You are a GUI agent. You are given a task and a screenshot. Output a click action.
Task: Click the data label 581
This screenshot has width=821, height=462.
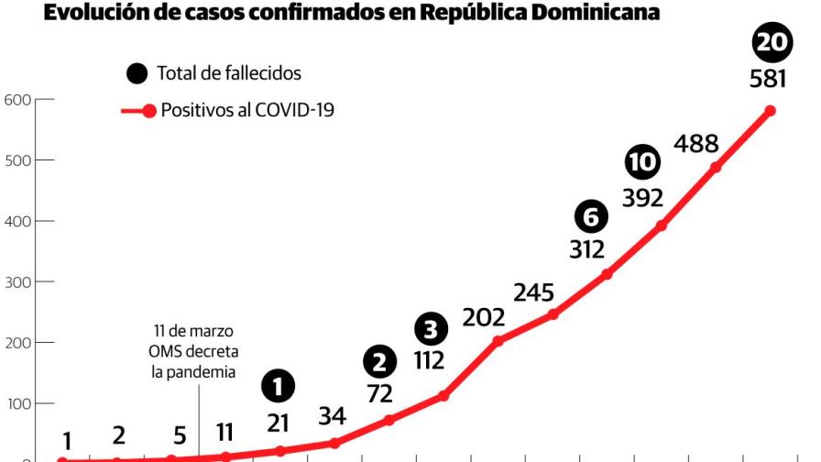coord(768,80)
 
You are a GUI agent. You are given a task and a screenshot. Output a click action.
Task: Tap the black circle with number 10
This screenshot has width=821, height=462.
coord(642,162)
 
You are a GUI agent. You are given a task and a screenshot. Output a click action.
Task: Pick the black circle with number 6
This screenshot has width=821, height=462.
coord(591,217)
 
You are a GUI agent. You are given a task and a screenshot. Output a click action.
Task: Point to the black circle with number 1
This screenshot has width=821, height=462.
coord(279,386)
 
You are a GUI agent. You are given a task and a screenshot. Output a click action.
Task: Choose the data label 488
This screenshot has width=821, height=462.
coord(696,144)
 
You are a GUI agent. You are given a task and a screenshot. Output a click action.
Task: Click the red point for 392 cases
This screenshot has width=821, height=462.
coord(661,225)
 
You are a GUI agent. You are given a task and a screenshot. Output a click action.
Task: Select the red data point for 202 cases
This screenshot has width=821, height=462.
coord(498,341)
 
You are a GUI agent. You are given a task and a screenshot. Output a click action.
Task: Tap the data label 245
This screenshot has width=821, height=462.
coord(533,292)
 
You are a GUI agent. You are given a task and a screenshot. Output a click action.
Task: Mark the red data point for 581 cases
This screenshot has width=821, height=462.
coord(770,111)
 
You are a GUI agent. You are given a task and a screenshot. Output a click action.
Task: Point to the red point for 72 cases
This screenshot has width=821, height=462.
coord(389,420)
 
